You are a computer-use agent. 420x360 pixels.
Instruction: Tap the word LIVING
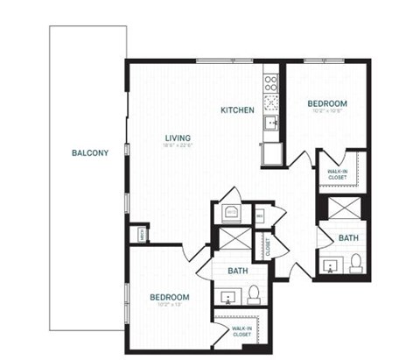click(x=178, y=138)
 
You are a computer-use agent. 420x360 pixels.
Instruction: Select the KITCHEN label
click(x=237, y=110)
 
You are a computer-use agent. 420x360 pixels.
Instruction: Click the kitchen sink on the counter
click(x=272, y=123)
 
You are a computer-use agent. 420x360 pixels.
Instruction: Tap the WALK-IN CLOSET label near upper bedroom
click(x=337, y=174)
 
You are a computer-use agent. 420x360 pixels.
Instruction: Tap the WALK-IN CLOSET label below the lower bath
click(x=242, y=331)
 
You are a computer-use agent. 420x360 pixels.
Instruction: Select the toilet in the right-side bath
click(x=356, y=263)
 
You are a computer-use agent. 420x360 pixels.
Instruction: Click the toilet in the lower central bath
click(x=253, y=293)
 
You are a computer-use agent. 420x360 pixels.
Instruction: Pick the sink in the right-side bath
click(x=332, y=265)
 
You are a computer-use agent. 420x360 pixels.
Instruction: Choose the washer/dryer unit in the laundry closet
click(x=230, y=212)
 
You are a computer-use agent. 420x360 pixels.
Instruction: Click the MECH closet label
click(x=139, y=234)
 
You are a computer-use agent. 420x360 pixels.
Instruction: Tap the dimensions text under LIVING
click(x=178, y=147)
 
